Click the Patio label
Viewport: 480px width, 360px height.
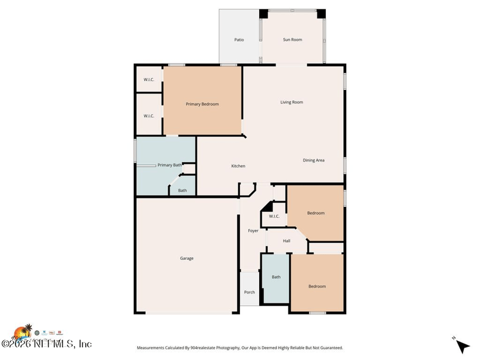pos(239,40)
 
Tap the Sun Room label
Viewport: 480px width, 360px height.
pos(292,40)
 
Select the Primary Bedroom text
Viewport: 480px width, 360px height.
pos(202,104)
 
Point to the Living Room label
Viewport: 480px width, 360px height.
pos(292,102)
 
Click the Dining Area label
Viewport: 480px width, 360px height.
pos(313,160)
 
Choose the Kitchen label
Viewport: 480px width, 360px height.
pos(238,166)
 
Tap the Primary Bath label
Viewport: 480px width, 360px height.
pos(169,165)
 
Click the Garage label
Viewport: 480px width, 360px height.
pos(187,258)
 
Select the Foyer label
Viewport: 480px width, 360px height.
pos(253,230)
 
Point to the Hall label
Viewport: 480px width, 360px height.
pos(287,241)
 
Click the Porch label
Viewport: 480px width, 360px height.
pos(250,292)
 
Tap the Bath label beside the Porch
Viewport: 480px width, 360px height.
pos(276,277)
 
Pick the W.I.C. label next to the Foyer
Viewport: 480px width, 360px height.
pos(274,217)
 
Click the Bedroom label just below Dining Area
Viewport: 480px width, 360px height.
pos(316,213)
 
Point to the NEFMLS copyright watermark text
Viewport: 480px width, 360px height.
pos(46,344)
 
